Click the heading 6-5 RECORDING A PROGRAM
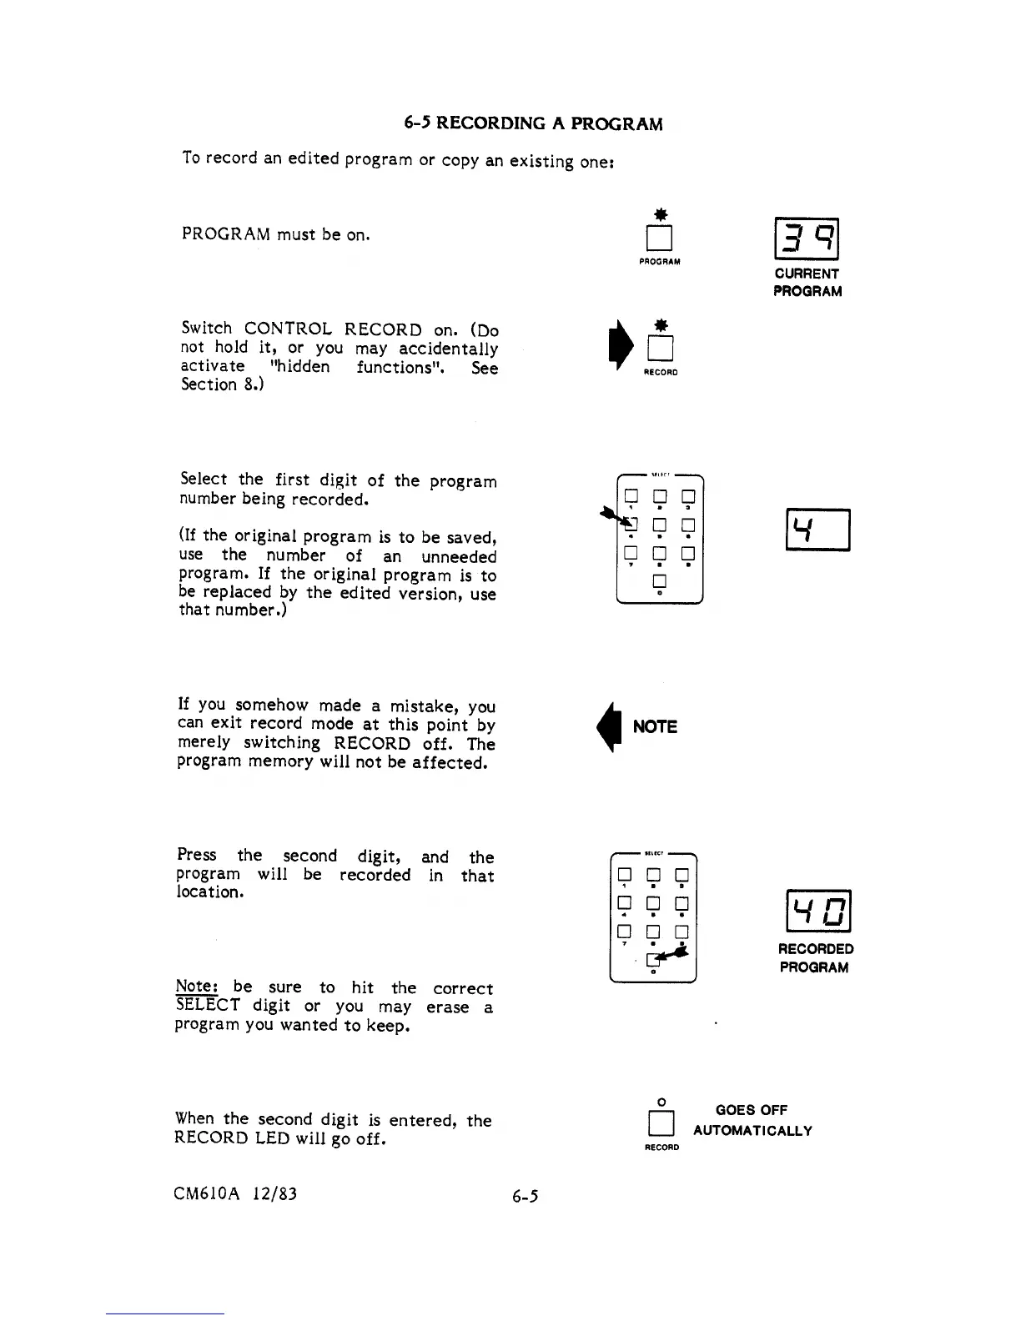coord(533,124)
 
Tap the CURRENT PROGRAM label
coord(807,282)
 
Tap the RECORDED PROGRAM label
coord(815,958)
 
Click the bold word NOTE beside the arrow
coord(655,726)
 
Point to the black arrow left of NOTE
coord(617,726)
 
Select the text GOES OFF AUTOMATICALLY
coord(752,1120)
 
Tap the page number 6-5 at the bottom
coord(526,1197)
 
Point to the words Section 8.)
coord(222,384)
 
